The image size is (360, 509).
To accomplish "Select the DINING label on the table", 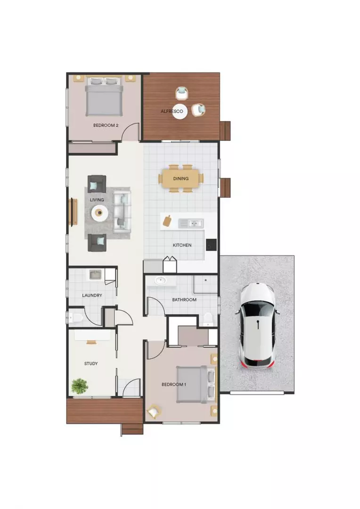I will point(181,179).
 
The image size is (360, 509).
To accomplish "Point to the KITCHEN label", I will point(182,245).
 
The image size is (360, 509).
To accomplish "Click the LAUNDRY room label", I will point(92,296).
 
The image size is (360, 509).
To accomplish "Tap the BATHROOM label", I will point(184,300).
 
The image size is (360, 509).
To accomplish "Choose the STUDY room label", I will point(91,363).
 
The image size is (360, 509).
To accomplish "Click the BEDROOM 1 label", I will point(174,385).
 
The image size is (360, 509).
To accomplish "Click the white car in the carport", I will point(257,325).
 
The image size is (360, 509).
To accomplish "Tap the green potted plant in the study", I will point(80,386).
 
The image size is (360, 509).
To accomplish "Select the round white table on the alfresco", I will point(180,111).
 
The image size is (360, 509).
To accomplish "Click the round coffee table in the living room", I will point(99,213).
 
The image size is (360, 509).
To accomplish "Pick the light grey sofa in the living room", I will point(121,212).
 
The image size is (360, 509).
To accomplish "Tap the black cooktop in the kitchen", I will point(211,244).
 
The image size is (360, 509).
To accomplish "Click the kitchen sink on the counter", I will point(196,223).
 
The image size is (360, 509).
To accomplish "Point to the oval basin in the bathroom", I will point(161,281).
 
